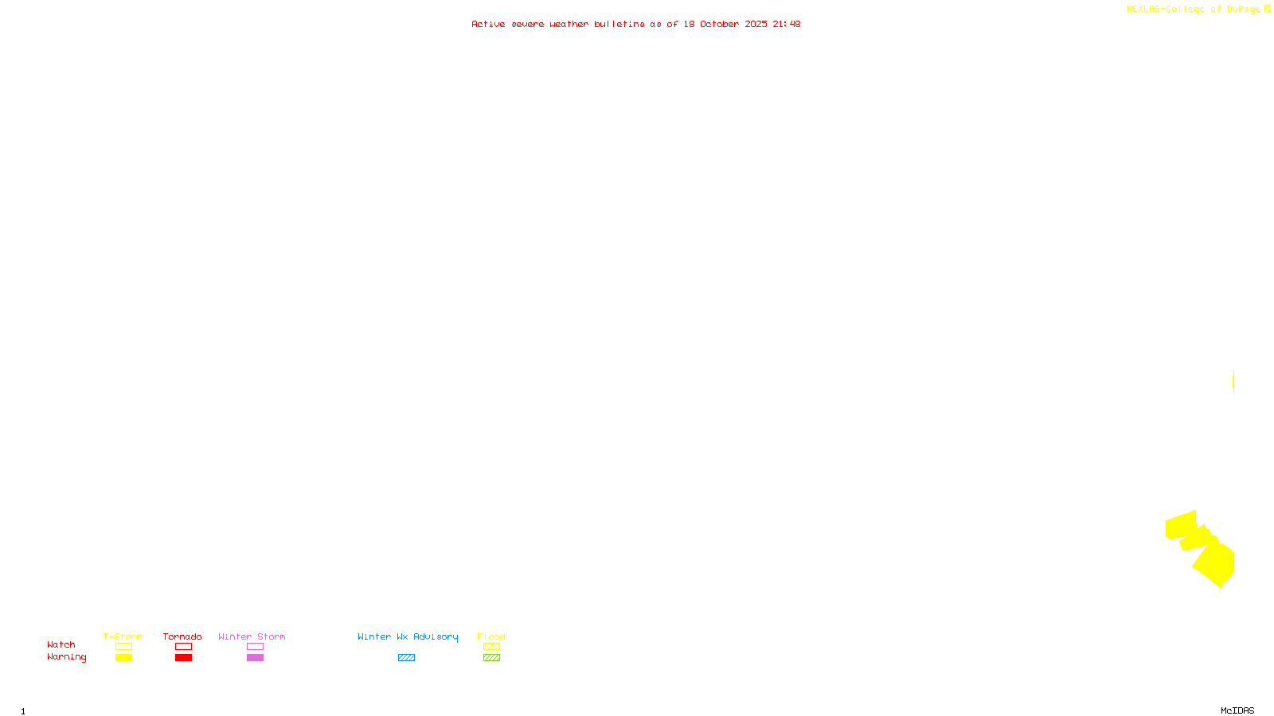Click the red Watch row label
click(61, 645)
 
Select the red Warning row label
click(66, 657)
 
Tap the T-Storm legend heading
click(123, 636)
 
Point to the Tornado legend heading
click(182, 636)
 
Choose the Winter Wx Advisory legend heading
click(408, 636)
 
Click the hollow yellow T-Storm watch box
click(123, 647)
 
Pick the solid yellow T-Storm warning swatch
click(123, 658)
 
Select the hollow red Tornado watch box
click(184, 647)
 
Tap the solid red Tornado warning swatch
click(184, 658)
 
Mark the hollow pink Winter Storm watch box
click(255, 647)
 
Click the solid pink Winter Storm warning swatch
click(255, 658)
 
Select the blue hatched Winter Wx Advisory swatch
click(406, 658)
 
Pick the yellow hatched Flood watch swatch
click(491, 647)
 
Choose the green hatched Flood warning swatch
click(491, 658)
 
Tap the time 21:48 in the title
click(786, 24)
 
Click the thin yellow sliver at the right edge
click(1233, 382)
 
